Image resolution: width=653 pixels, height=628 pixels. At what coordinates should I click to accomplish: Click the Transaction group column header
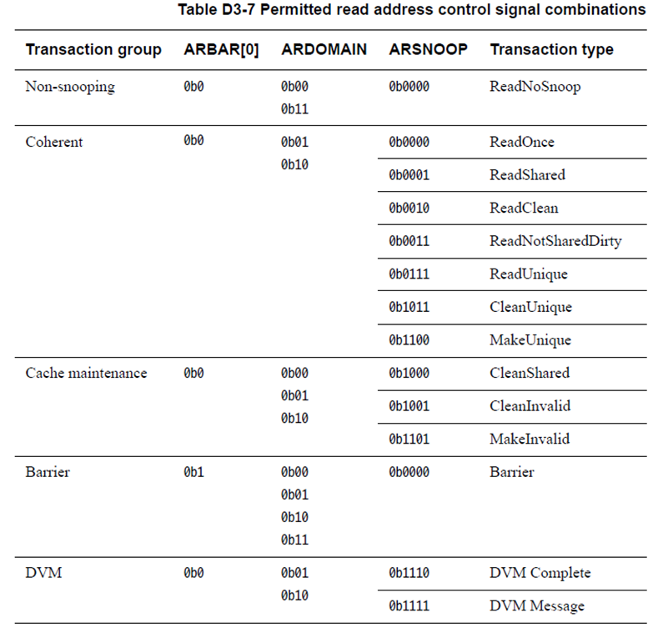(x=93, y=50)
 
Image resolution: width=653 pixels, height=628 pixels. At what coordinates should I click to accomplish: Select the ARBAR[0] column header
(x=221, y=50)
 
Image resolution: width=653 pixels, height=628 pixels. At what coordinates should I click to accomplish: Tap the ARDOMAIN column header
(x=324, y=50)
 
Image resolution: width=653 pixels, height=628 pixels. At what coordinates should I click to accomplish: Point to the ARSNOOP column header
(x=428, y=50)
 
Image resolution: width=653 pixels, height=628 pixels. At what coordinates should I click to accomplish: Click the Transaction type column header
(x=551, y=50)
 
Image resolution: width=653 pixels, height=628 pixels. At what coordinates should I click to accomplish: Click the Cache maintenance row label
(x=86, y=374)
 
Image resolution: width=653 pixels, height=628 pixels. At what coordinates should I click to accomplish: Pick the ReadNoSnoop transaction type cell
(x=535, y=87)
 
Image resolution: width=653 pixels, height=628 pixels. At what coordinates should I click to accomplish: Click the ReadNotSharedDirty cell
(x=555, y=242)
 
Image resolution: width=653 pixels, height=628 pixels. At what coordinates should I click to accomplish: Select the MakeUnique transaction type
(x=530, y=340)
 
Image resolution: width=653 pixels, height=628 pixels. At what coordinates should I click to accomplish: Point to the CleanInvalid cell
(x=530, y=406)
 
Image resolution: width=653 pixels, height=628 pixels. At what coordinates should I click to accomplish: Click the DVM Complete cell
(x=540, y=573)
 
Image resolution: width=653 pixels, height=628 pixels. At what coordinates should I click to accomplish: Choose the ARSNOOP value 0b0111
(x=409, y=274)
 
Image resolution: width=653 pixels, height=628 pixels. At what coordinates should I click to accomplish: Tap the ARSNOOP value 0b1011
(x=409, y=308)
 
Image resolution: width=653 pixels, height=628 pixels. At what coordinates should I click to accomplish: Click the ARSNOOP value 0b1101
(x=409, y=440)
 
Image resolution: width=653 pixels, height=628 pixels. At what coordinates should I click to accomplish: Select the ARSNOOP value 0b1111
(x=409, y=606)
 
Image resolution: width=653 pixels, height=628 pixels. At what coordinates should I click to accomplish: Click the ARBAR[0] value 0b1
(x=193, y=473)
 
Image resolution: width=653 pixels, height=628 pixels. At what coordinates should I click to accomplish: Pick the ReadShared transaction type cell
(x=527, y=175)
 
